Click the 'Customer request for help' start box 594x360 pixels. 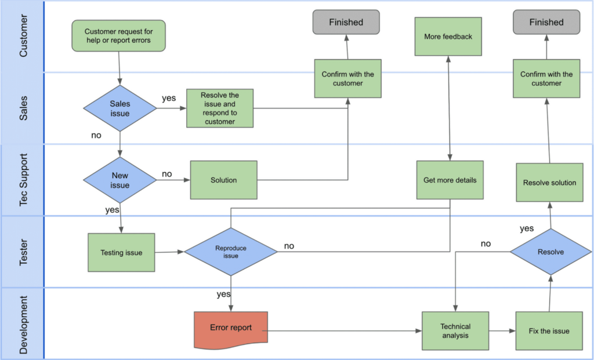tap(119, 35)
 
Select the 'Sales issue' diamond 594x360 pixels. tap(120, 108)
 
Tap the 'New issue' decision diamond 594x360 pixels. tap(120, 180)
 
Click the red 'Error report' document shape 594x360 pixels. tap(231, 329)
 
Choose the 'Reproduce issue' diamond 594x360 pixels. tap(231, 252)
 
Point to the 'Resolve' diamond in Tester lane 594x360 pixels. tap(550, 252)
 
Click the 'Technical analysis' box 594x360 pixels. tap(455, 330)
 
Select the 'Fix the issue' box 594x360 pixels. tap(549, 330)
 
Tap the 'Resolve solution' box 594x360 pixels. tap(549, 183)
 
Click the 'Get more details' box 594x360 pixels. tap(450, 180)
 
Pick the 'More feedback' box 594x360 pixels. tap(448, 37)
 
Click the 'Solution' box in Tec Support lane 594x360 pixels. tap(223, 180)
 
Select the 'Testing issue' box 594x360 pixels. tap(121, 252)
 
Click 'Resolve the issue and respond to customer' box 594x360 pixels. tap(219, 108)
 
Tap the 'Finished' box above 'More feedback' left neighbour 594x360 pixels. tap(346, 23)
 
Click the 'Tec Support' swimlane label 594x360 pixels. tap(23, 180)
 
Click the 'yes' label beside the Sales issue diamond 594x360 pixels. tap(169, 98)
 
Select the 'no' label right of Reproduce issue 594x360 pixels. tap(289, 246)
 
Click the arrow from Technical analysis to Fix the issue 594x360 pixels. tap(502, 331)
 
